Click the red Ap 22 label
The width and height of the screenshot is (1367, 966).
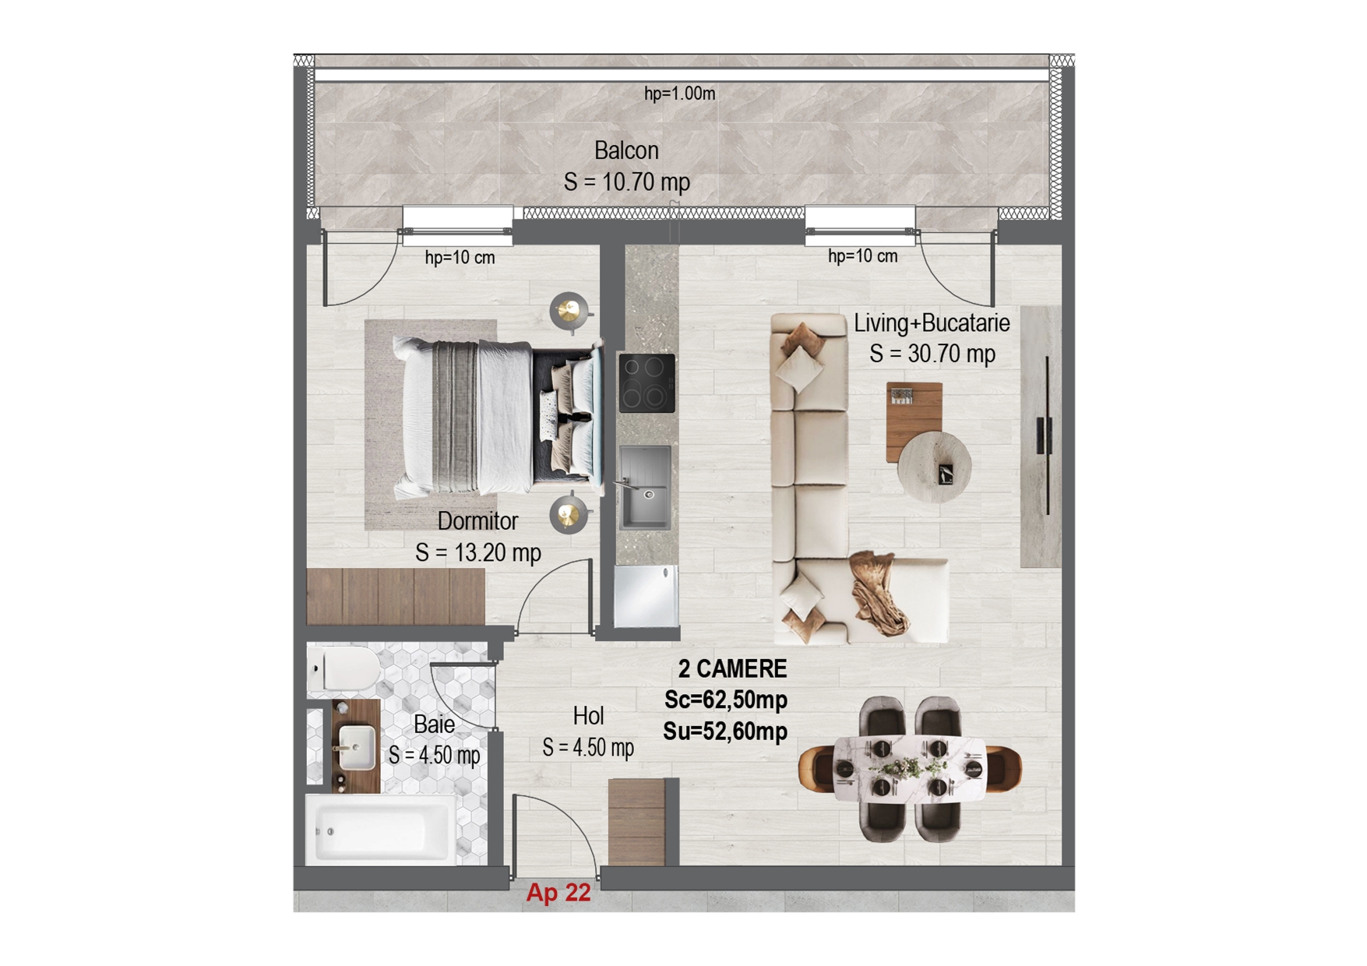[558, 892]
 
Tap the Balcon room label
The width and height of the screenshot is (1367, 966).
[626, 150]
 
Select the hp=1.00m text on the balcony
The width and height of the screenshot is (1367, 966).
[679, 93]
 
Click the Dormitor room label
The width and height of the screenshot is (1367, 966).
[477, 520]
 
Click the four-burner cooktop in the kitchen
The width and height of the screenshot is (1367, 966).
[647, 383]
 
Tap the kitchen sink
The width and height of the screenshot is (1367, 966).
[645, 487]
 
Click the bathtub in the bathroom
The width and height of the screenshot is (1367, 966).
[381, 830]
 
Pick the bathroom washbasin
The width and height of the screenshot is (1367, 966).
[357, 747]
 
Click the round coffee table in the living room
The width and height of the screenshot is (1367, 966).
[935, 467]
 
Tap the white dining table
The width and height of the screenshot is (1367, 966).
[909, 769]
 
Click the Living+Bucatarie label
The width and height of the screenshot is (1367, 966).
[932, 323]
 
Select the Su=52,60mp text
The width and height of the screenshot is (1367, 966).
[725, 732]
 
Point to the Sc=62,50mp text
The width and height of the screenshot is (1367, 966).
[725, 700]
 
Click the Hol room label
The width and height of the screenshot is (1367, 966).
[588, 715]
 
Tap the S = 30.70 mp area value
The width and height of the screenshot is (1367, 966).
[932, 354]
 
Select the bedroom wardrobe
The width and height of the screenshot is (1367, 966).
[396, 597]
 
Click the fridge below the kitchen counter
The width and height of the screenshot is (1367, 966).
[646, 596]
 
